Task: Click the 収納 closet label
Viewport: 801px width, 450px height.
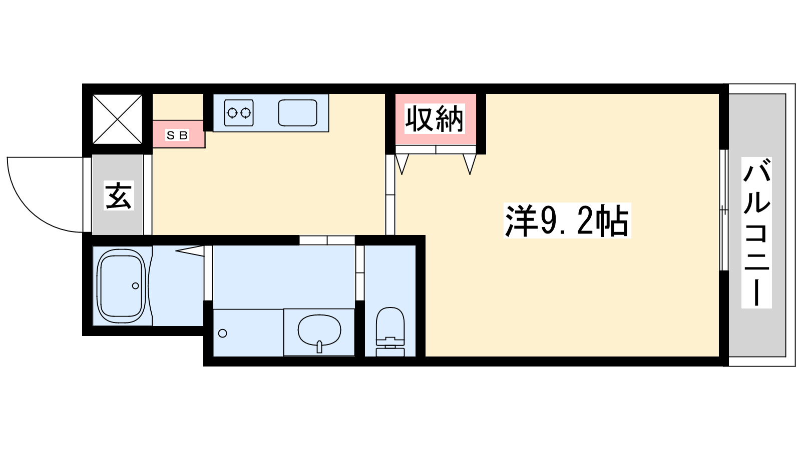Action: click(435, 119)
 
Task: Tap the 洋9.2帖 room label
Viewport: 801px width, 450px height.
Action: click(567, 220)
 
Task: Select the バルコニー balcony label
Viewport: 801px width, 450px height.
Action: click(756, 232)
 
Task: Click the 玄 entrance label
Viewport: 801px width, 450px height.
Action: click(119, 195)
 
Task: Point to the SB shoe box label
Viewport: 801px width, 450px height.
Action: click(177, 135)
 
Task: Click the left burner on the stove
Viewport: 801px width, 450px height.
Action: click(232, 113)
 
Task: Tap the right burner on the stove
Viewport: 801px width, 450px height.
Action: click(245, 113)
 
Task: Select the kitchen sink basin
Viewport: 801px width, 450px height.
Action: click(297, 113)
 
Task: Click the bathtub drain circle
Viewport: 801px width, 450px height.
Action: click(136, 285)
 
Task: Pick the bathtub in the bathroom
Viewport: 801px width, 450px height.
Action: click(122, 286)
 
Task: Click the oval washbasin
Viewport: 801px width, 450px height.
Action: click(319, 330)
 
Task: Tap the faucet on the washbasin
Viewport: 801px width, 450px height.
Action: click(319, 347)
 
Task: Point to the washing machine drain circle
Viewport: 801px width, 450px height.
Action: click(222, 333)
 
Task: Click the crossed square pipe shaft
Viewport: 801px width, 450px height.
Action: click(117, 119)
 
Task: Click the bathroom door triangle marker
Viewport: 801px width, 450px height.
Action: click(190, 250)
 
